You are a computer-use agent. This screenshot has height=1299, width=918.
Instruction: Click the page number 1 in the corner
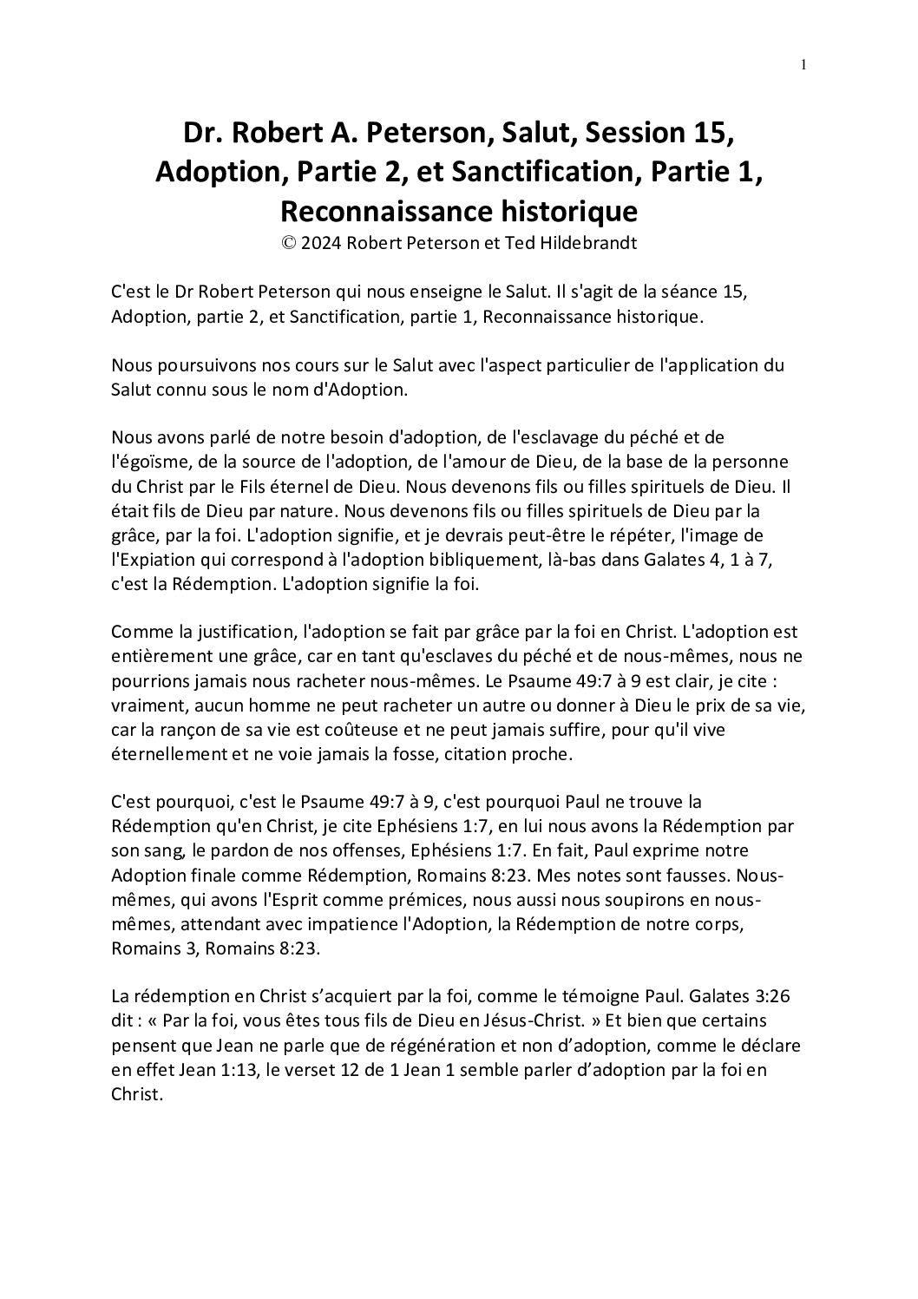[804, 64]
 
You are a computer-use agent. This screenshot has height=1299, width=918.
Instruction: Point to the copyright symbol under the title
[288, 244]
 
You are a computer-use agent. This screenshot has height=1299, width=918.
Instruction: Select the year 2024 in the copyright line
[321, 244]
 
